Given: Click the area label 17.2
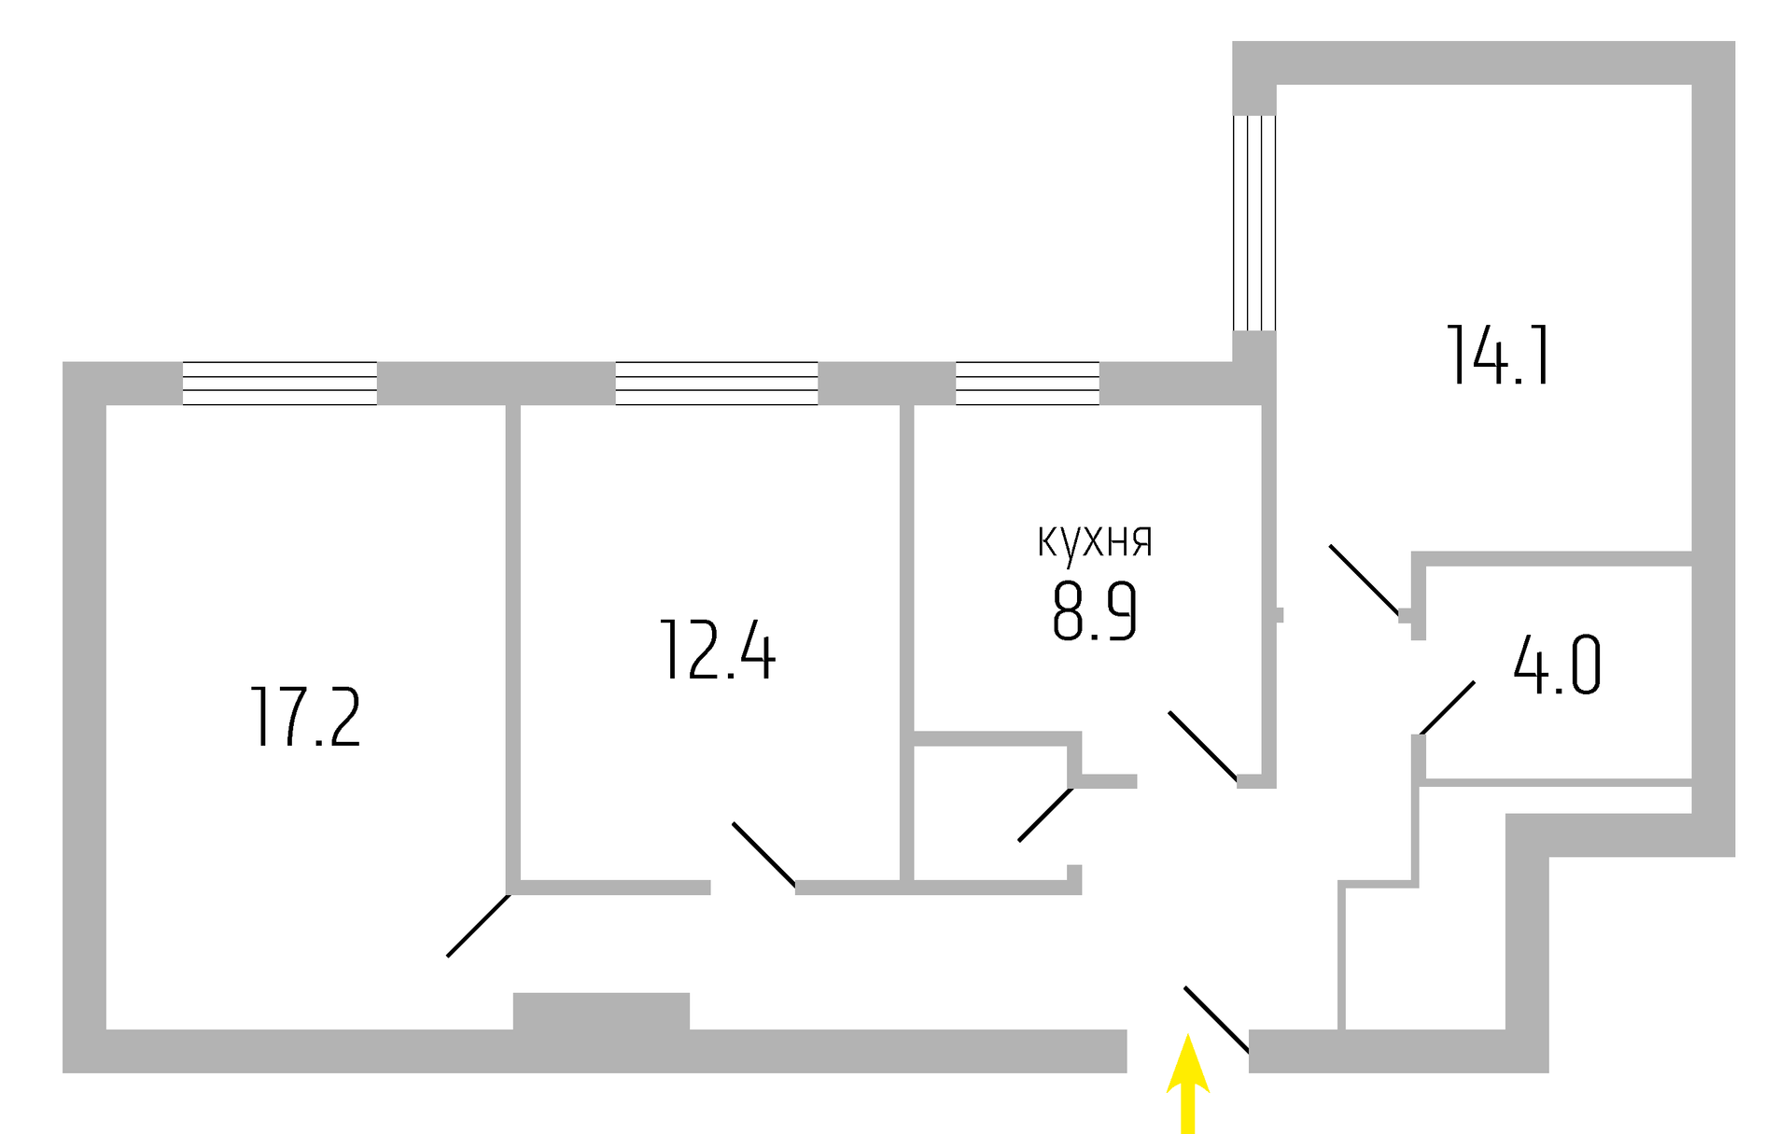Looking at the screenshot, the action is [x=305, y=717].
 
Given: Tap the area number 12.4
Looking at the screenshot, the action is [x=717, y=651].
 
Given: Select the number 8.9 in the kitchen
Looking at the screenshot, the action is [x=1094, y=611].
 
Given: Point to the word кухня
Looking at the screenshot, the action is [x=1095, y=542].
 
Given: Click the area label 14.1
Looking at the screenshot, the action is [x=1498, y=356].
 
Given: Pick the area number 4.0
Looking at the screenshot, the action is [x=1557, y=665].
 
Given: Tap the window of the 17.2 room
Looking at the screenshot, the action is [x=279, y=384].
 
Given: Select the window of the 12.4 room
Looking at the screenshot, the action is [x=716, y=384].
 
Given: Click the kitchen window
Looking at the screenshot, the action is [x=1027, y=384].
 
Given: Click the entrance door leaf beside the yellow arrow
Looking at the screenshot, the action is [x=1216, y=1018].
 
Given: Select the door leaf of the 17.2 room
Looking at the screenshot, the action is [x=478, y=926].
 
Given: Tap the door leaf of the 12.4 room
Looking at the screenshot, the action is [x=763, y=853].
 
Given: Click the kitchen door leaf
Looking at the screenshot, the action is [x=1202, y=745].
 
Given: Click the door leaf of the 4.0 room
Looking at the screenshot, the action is [x=1448, y=707].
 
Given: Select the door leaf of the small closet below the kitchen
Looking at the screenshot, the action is [x=1044, y=815].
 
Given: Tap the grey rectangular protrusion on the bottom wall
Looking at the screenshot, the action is [x=601, y=1012].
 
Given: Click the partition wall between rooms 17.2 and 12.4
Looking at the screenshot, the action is [x=512, y=644].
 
